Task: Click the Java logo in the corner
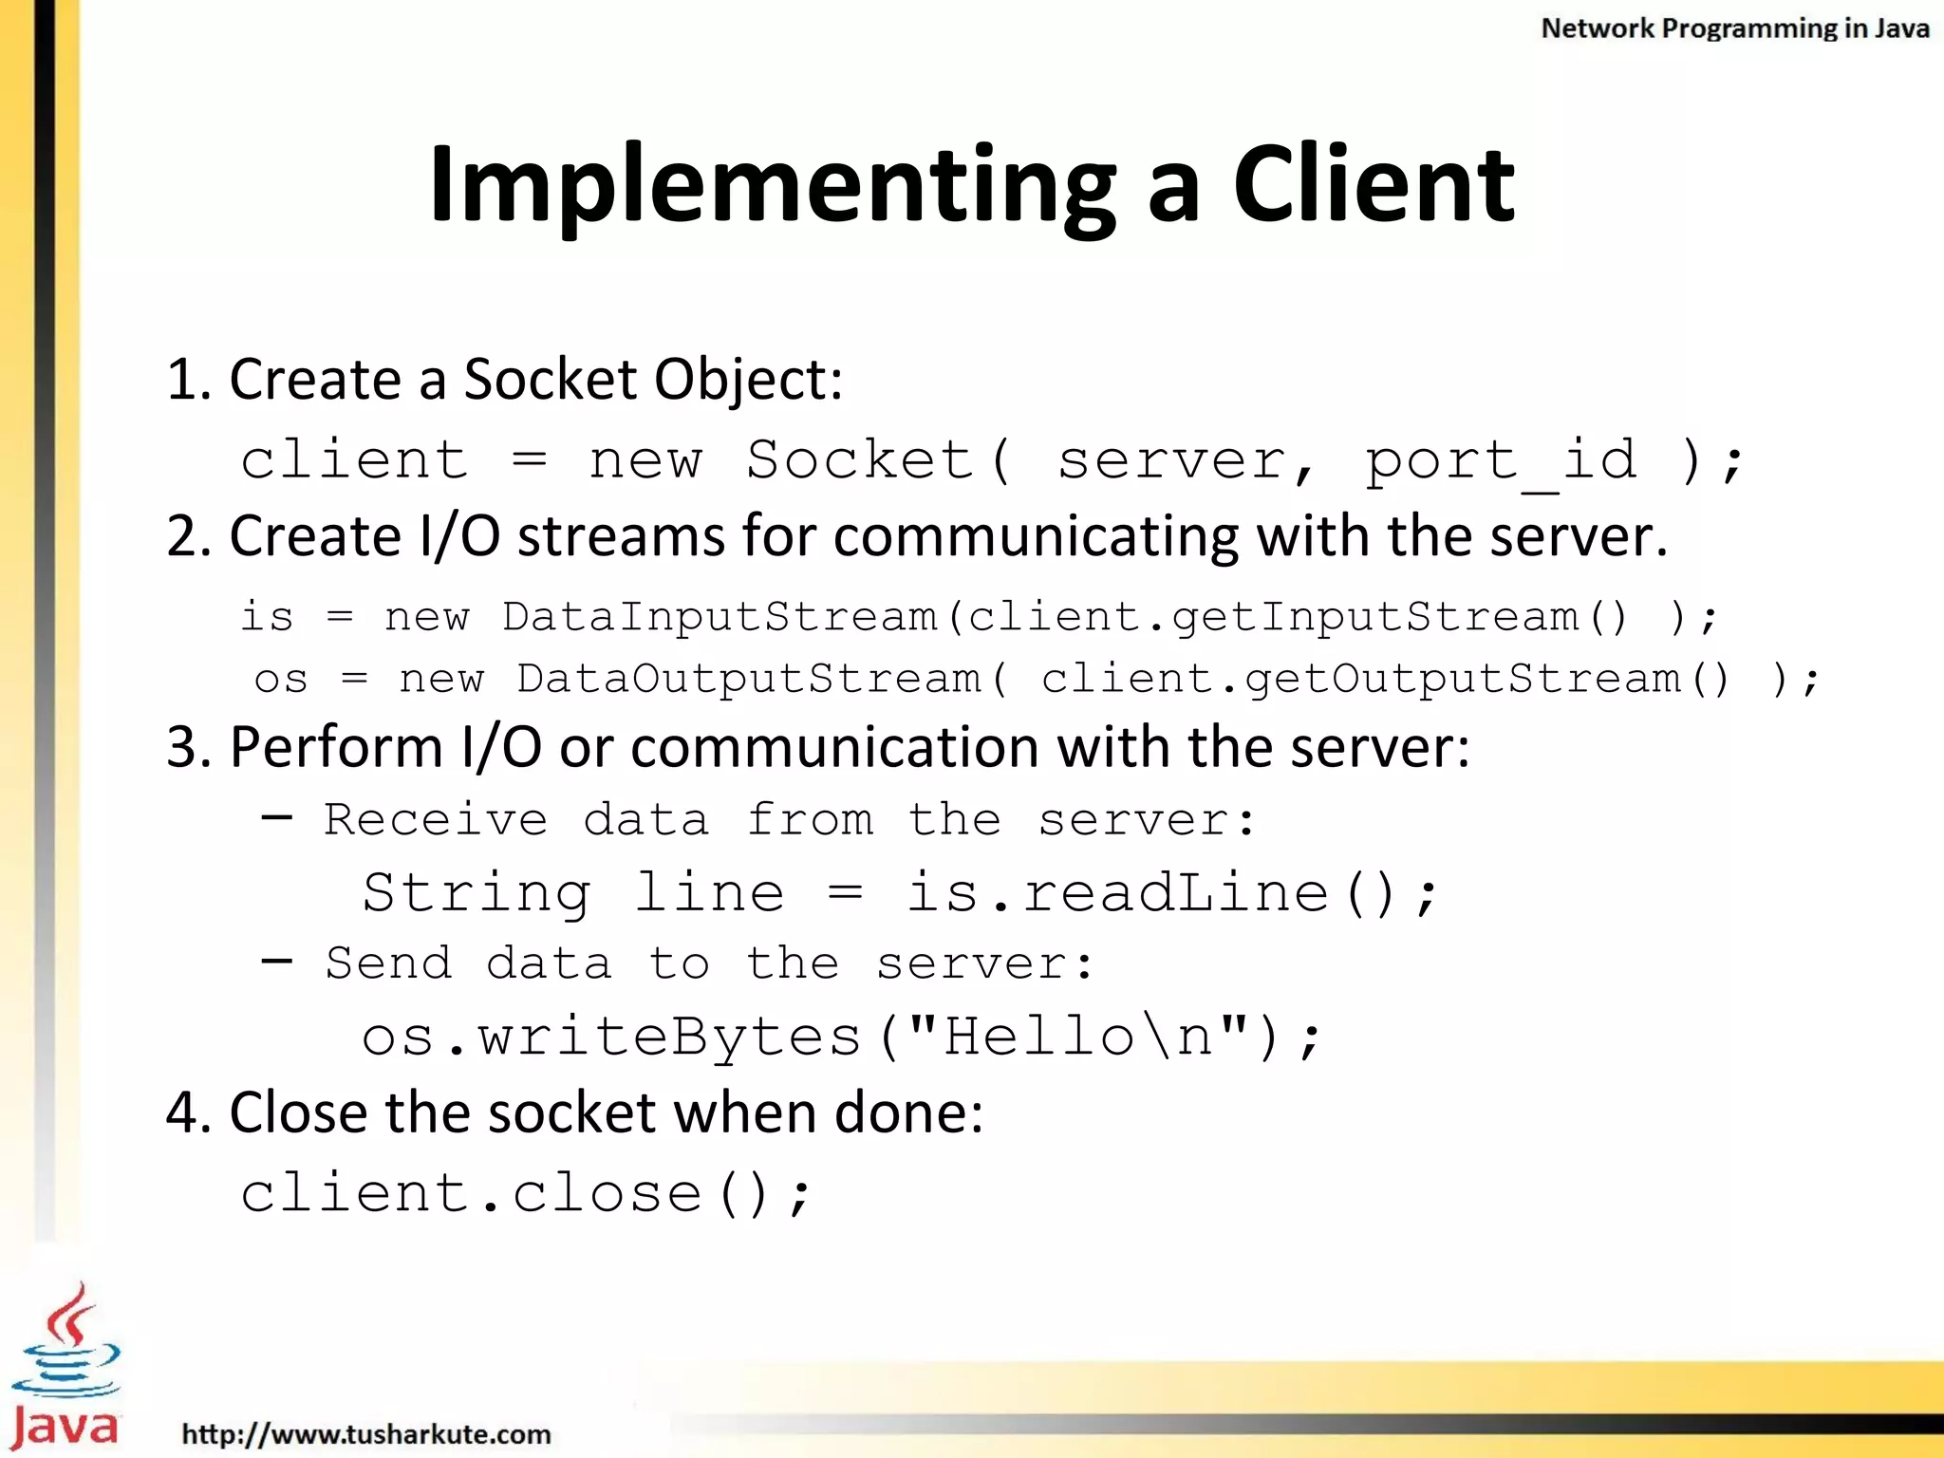(x=65, y=1367)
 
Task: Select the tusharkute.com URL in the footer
(x=365, y=1433)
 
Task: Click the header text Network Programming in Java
(x=1734, y=28)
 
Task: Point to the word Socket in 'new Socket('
(x=859, y=460)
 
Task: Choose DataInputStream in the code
(x=720, y=617)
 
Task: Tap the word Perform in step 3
(x=336, y=747)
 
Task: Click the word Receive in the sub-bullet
(x=436, y=820)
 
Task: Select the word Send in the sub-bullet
(x=388, y=963)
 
